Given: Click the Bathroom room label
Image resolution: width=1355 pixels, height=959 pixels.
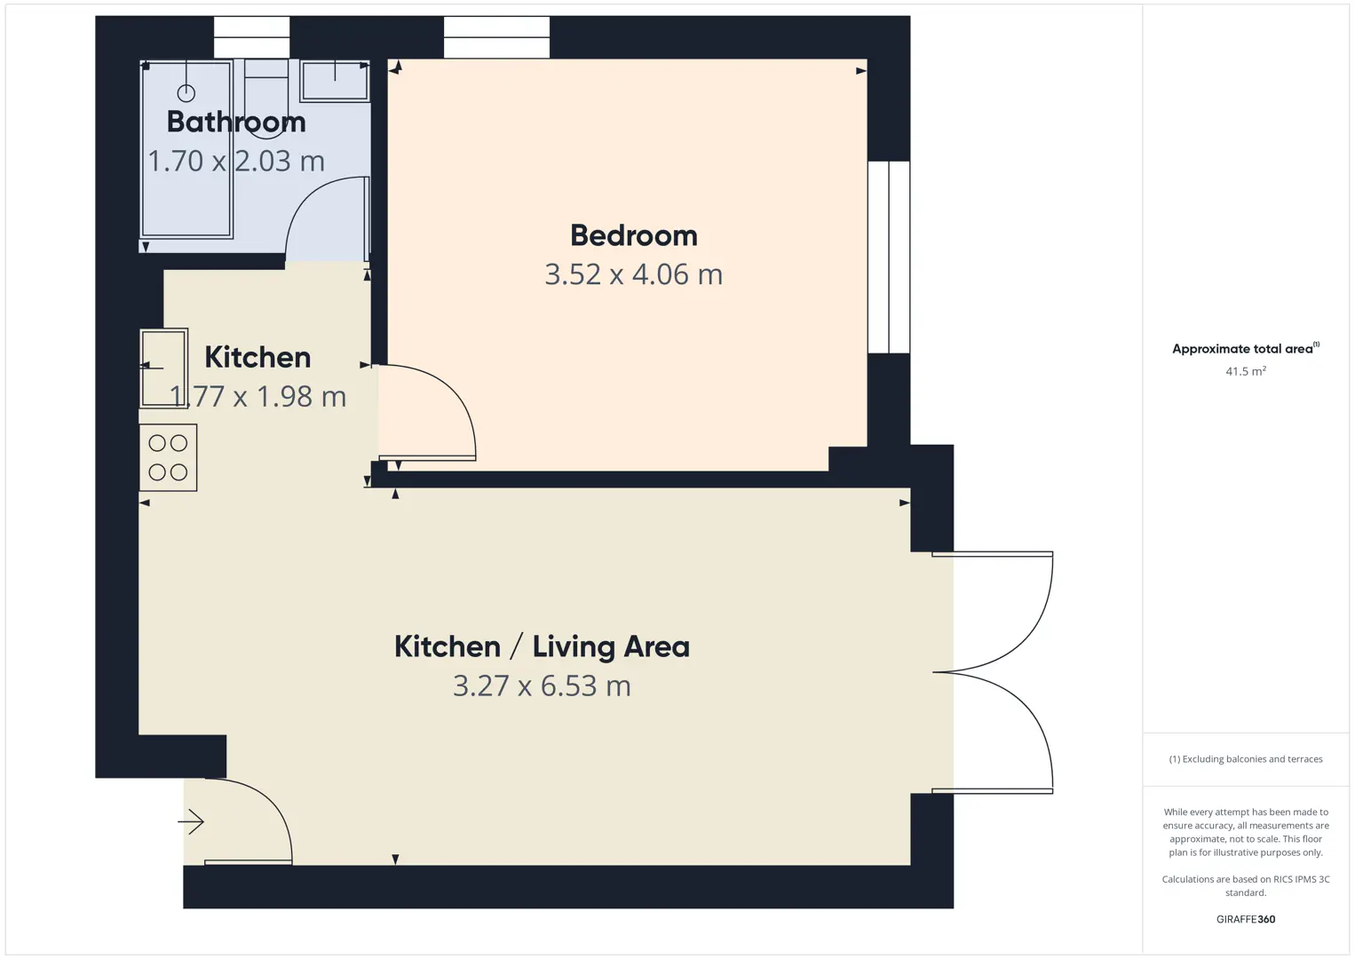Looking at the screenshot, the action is tap(236, 122).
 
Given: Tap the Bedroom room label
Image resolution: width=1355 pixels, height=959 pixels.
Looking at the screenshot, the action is tap(634, 235).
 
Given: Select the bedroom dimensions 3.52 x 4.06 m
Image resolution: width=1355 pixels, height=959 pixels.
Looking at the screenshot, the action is tap(633, 274).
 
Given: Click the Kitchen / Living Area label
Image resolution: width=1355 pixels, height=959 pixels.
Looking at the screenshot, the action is tap(542, 646).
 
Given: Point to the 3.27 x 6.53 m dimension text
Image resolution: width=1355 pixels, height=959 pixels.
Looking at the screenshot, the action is tap(542, 686).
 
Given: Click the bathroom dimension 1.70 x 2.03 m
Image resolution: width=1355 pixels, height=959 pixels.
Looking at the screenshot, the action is tap(236, 161).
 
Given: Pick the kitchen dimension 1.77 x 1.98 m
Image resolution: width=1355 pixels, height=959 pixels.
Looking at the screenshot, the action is tap(258, 396).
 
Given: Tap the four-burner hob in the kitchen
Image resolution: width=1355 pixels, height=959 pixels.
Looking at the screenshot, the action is tap(168, 457).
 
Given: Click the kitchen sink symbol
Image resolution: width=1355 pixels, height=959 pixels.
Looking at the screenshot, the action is tap(164, 368).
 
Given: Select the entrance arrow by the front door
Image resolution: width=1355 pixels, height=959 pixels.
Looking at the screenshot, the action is tap(191, 821).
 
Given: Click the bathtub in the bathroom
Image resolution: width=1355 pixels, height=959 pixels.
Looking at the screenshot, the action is tap(186, 149).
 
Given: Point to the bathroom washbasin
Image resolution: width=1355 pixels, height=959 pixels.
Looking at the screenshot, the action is tap(335, 81).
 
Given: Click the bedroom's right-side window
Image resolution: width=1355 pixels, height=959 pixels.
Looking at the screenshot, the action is tap(889, 258).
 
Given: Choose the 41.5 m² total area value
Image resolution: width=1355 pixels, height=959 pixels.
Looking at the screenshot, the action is tap(1246, 371).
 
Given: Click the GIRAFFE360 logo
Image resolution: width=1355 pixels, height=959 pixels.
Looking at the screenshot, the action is tap(1246, 919).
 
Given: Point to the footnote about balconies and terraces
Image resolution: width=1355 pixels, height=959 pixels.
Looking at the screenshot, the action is tap(1246, 758).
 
